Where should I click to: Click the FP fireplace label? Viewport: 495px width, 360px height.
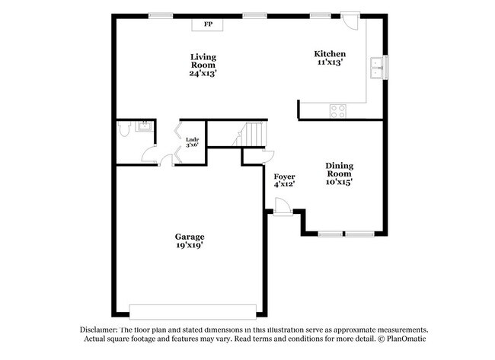208,24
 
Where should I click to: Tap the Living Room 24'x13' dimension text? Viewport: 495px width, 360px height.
203,73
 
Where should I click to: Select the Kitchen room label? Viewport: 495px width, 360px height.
330,53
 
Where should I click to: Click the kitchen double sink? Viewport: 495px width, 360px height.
377,68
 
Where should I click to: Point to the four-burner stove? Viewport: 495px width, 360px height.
338,111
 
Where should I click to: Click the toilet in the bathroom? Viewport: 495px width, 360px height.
124,129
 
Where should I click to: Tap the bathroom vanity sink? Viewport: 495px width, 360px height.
145,126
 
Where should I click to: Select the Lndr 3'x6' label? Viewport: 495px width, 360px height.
192,142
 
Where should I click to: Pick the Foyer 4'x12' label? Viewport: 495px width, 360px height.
285,180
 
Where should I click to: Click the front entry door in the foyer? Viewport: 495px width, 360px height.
283,207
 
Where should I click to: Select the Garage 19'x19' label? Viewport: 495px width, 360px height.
190,241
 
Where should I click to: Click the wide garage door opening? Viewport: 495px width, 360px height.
193,312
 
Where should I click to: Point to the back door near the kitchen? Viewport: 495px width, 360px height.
350,21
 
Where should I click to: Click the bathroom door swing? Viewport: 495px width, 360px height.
148,155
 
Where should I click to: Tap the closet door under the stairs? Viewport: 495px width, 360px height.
269,157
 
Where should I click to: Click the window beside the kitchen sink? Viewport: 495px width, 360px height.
386,68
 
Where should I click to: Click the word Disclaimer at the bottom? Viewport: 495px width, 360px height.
99,330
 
